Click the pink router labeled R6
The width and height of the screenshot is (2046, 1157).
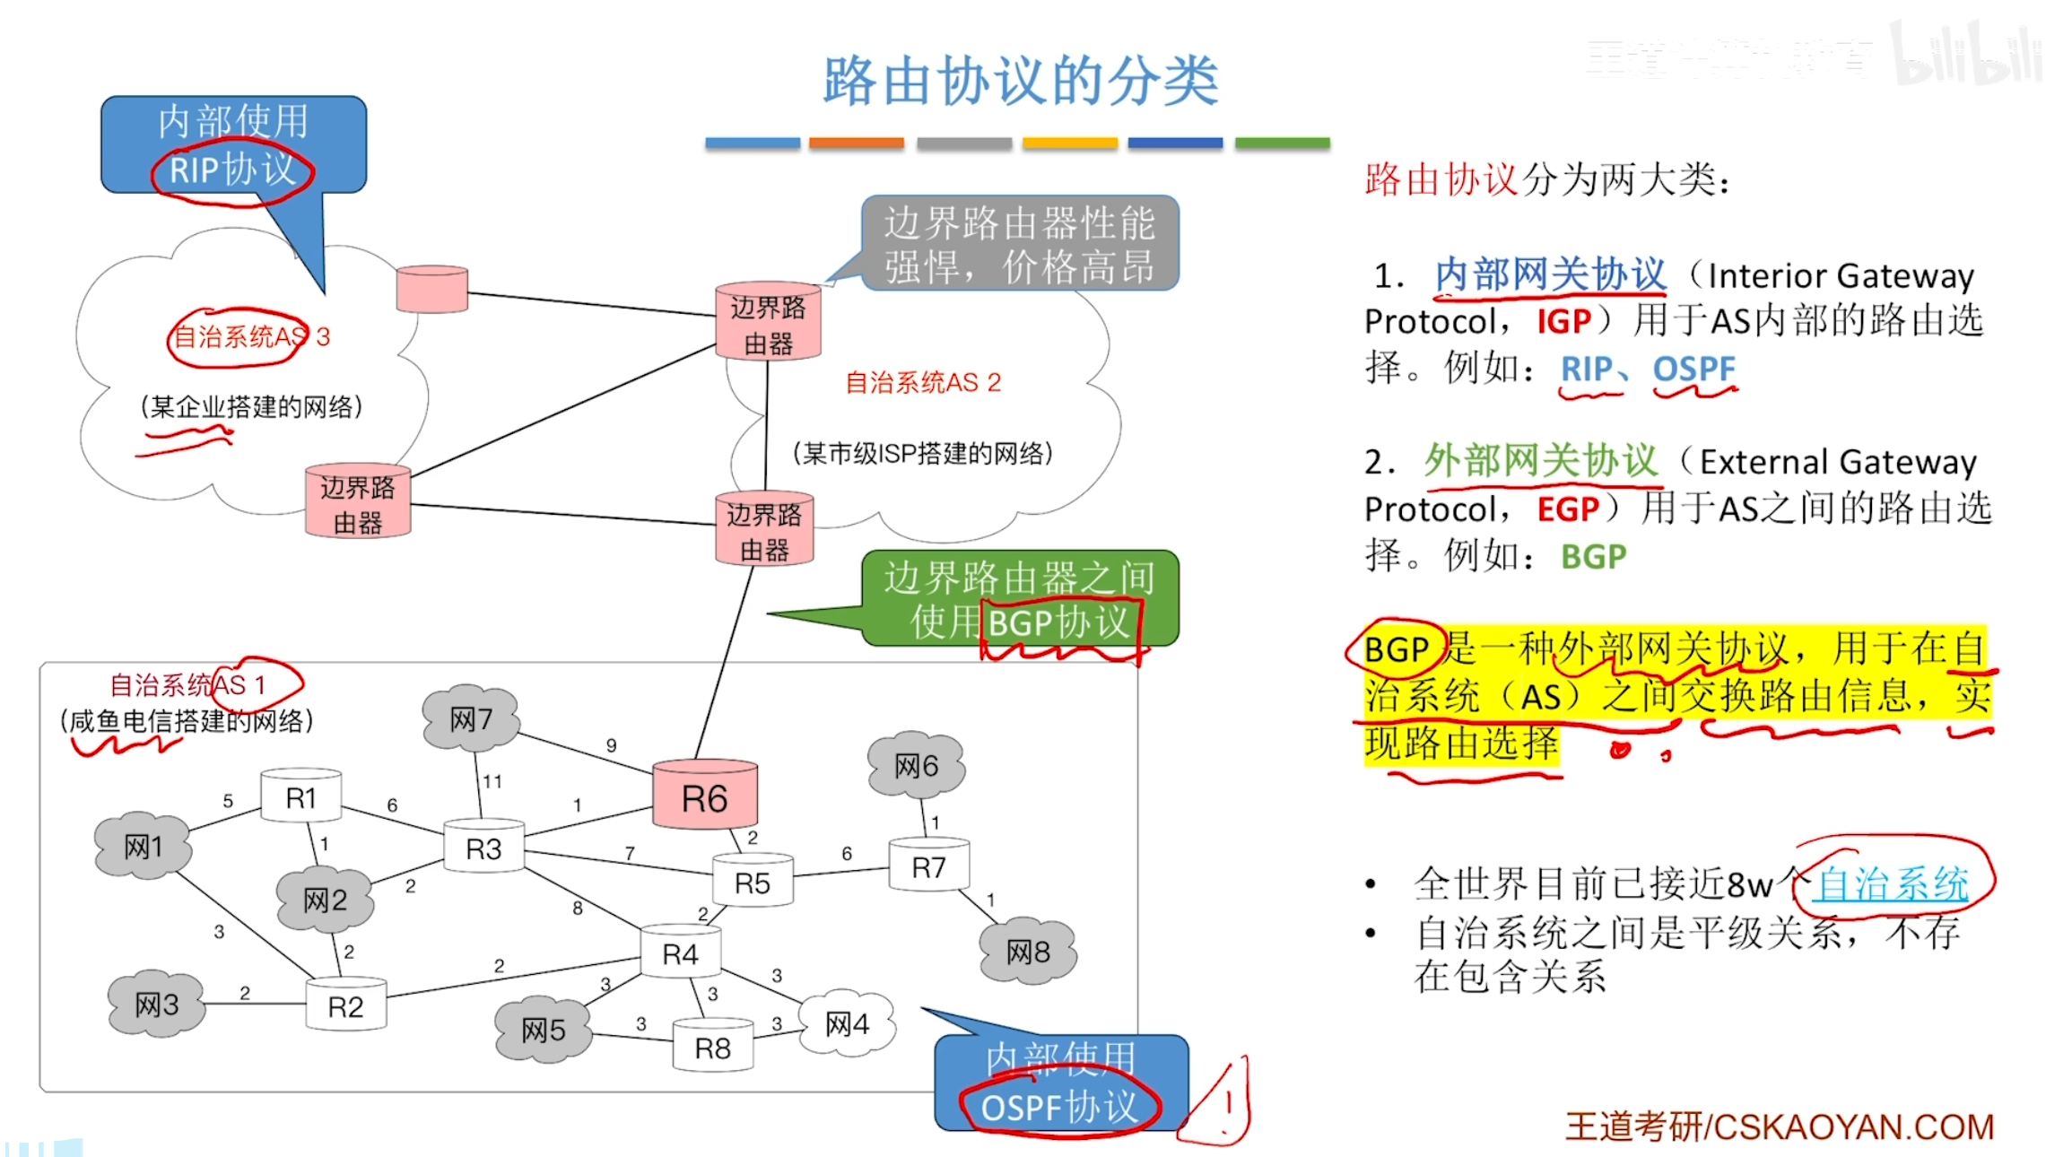[704, 796]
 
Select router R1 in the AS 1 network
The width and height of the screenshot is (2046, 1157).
[300, 796]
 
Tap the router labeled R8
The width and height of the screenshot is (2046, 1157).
[712, 1046]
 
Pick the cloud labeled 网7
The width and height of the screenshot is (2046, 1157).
[470, 718]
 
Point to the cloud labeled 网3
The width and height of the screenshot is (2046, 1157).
[156, 1005]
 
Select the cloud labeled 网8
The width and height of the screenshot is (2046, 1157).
[1027, 951]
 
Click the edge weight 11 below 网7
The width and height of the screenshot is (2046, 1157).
[492, 781]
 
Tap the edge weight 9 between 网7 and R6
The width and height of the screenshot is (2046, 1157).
[611, 745]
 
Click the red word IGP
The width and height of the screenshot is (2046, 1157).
[1563, 321]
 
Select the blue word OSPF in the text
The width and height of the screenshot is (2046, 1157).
[1693, 369]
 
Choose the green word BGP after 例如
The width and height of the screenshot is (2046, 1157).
[1593, 557]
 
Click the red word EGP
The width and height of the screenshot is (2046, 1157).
[1567, 509]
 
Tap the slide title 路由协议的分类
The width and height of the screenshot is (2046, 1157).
[1021, 81]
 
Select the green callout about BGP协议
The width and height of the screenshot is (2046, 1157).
[1019, 598]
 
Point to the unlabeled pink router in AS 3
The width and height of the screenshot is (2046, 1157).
[431, 289]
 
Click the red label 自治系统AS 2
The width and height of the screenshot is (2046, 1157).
[922, 383]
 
